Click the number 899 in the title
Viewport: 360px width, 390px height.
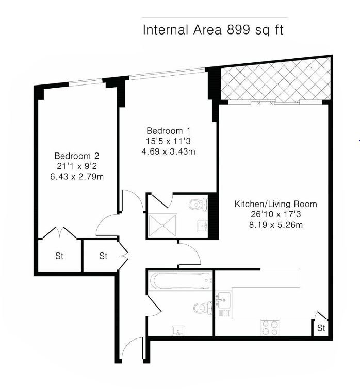[238, 30]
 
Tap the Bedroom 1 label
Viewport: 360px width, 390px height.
[168, 130]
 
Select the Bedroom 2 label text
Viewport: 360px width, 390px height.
[77, 156]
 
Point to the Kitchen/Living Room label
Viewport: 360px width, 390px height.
[276, 204]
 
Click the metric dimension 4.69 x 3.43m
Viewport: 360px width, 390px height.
[168, 151]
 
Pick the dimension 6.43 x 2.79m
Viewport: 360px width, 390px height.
[77, 177]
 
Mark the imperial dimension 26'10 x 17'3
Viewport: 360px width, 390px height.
[276, 214]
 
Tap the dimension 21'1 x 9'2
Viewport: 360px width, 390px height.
[77, 166]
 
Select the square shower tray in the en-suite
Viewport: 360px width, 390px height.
[162, 226]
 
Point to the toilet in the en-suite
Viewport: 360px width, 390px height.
[198, 205]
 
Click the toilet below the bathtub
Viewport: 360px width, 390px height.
[203, 308]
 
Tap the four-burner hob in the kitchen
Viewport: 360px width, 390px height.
[270, 328]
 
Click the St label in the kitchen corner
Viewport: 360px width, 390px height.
[321, 328]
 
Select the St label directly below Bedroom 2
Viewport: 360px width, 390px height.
[59, 256]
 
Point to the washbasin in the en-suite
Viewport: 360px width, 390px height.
[203, 226]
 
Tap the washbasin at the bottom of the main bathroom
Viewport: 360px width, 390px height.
[178, 331]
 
